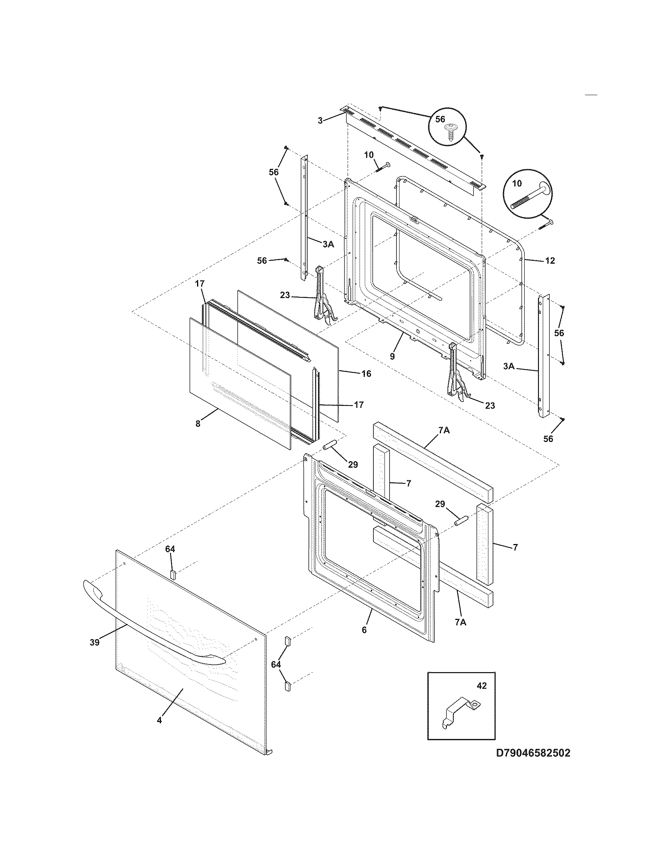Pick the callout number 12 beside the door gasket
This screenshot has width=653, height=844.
(x=550, y=261)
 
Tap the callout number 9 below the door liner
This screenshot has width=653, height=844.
(x=392, y=356)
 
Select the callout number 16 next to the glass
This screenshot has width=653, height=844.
(x=366, y=373)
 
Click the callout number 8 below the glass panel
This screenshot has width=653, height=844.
(x=198, y=424)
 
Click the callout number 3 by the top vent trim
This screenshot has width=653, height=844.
(x=320, y=120)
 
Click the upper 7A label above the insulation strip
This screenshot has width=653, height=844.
(x=444, y=430)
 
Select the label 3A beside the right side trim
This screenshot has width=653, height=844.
(x=509, y=366)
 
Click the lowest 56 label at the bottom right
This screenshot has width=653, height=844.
(x=548, y=438)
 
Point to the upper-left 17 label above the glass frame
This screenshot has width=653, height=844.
(x=199, y=284)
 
